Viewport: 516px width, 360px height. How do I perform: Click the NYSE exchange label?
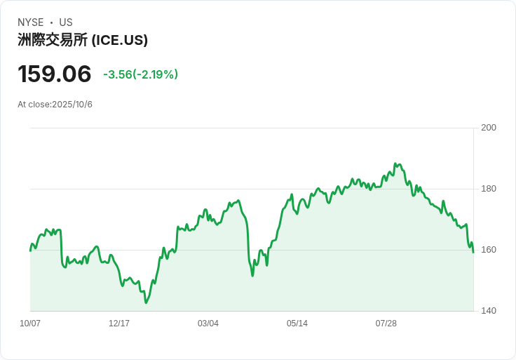pyautogui.click(x=30, y=22)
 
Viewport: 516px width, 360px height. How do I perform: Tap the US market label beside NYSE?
pyautogui.click(x=66, y=22)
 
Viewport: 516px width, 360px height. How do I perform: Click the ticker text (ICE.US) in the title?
pyautogui.click(x=120, y=41)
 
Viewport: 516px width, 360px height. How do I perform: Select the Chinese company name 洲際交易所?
pyautogui.click(x=53, y=41)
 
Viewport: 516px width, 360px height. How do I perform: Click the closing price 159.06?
pyautogui.click(x=55, y=74)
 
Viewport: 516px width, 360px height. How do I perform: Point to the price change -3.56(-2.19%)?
pyautogui.click(x=140, y=74)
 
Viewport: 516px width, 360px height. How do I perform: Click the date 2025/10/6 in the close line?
pyautogui.click(x=72, y=105)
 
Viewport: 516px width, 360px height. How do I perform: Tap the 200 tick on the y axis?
pyautogui.click(x=489, y=128)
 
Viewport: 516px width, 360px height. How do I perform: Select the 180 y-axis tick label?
pyautogui.click(x=489, y=189)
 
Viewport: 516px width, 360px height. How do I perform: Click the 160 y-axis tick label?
pyautogui.click(x=489, y=250)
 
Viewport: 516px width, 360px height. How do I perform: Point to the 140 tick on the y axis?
pyautogui.click(x=489, y=311)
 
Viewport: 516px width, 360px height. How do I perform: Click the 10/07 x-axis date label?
pyautogui.click(x=30, y=324)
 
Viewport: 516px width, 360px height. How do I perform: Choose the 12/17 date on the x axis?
pyautogui.click(x=119, y=324)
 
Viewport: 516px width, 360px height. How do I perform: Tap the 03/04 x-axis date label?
pyautogui.click(x=208, y=324)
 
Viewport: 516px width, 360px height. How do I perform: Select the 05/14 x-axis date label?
pyautogui.click(x=297, y=324)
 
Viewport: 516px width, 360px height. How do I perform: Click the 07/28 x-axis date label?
pyautogui.click(x=386, y=324)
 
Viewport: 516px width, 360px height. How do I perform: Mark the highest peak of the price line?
pyautogui.click(x=395, y=164)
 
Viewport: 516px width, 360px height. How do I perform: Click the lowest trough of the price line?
pyautogui.click(x=146, y=302)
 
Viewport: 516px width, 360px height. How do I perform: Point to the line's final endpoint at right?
pyautogui.click(x=473, y=252)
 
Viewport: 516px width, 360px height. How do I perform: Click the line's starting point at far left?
pyautogui.click(x=30, y=251)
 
